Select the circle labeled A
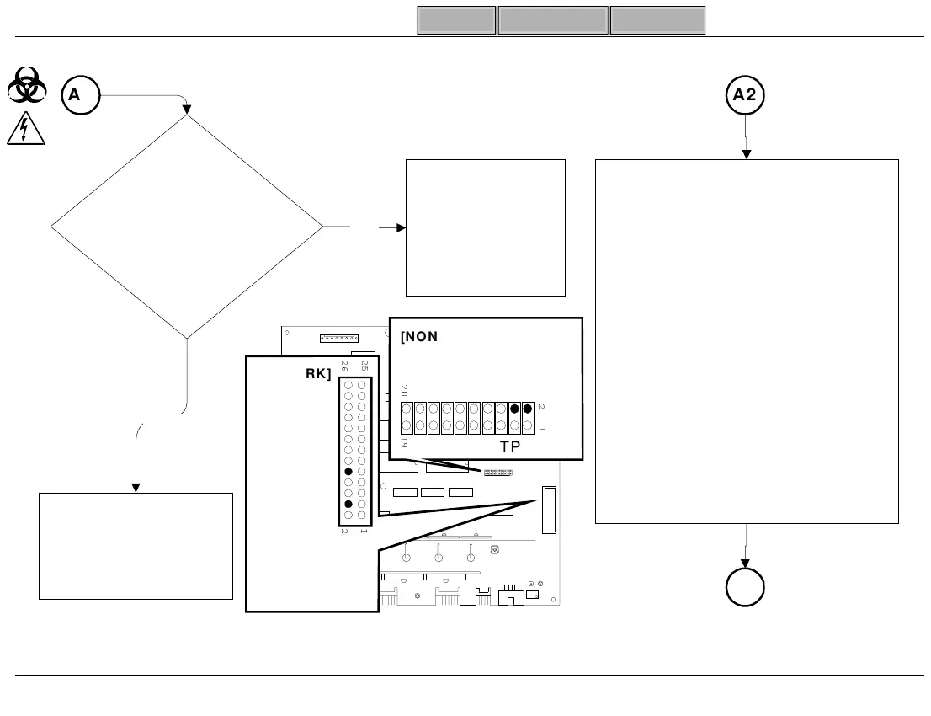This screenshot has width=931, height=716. click(80, 96)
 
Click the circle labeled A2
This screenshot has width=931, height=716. click(745, 96)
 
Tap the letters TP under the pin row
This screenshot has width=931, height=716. click(510, 446)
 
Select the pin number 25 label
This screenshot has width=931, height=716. click(364, 366)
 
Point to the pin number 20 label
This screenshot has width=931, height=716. click(404, 391)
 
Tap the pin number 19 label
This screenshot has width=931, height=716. click(404, 442)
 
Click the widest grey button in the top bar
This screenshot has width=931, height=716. click(553, 20)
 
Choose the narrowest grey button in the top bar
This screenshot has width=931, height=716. click(455, 20)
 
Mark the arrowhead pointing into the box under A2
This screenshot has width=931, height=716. click(746, 154)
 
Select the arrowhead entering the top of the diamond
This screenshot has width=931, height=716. click(188, 110)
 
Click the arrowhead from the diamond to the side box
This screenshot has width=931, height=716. click(400, 227)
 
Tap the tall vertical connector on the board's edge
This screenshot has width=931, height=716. click(549, 510)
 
